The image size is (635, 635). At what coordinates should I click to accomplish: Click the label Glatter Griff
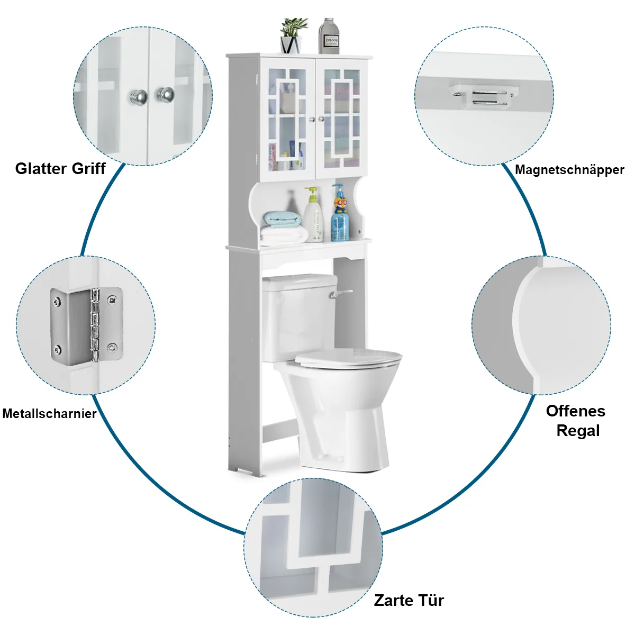click(x=60, y=169)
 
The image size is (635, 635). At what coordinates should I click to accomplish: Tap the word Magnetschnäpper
click(x=569, y=170)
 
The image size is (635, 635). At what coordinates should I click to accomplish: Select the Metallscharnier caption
click(x=49, y=414)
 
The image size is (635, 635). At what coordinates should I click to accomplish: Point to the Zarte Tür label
click(x=409, y=601)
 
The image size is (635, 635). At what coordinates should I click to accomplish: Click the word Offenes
click(x=576, y=411)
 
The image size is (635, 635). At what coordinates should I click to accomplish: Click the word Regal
click(x=578, y=431)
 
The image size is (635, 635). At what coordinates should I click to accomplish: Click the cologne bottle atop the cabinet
click(x=329, y=37)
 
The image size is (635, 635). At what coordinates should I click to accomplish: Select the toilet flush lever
click(x=339, y=293)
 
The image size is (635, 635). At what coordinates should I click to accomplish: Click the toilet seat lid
click(x=348, y=359)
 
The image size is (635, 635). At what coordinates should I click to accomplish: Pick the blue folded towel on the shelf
click(x=282, y=219)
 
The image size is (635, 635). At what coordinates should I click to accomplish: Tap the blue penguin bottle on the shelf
click(x=340, y=214)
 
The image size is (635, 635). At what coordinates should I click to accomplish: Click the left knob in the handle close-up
click(x=139, y=97)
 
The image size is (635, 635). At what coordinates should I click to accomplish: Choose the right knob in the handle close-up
click(x=166, y=95)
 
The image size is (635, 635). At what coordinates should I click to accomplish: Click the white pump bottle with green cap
click(x=313, y=216)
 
